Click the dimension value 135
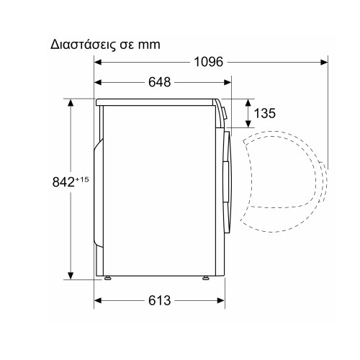click(x=265, y=113)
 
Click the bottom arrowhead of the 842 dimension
click(x=70, y=276)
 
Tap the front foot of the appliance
click(x=206, y=278)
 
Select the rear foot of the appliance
click(x=108, y=278)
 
